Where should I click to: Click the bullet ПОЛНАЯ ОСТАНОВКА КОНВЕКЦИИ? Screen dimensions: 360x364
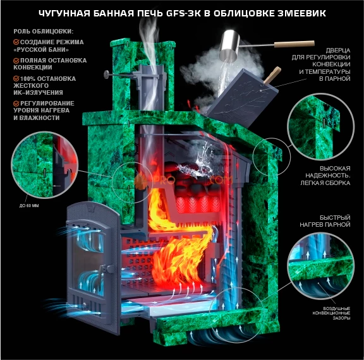39,64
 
